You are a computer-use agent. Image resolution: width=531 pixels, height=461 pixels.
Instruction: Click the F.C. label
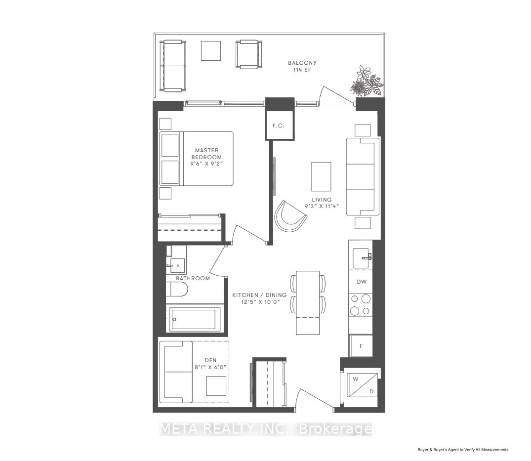pyautogui.click(x=279, y=126)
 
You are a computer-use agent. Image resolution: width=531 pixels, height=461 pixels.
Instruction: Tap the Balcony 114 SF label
pyautogui.click(x=302, y=66)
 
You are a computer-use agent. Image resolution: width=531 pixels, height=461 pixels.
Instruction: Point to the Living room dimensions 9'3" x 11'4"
pyautogui.click(x=322, y=206)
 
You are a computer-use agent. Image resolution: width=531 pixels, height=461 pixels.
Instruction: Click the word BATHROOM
pyautogui.click(x=193, y=279)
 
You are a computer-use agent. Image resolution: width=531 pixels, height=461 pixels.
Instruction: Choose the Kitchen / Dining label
pyautogui.click(x=259, y=295)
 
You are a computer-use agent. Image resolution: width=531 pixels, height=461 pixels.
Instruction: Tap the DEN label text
pyautogui.click(x=210, y=360)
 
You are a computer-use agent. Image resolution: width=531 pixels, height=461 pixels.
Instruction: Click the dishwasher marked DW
pyautogui.click(x=362, y=282)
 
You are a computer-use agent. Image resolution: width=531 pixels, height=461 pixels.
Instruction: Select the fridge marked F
pyautogui.click(x=362, y=346)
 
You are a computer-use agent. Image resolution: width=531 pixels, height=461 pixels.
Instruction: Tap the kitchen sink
pyautogui.click(x=362, y=258)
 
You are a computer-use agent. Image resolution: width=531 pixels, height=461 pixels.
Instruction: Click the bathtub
pyautogui.click(x=194, y=319)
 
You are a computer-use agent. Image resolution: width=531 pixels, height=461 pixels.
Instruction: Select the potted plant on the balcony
pyautogui.click(x=367, y=81)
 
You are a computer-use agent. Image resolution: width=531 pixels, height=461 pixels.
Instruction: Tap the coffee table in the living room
pyautogui.click(x=321, y=176)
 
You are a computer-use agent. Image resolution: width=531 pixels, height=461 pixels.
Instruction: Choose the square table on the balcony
pyautogui.click(x=210, y=51)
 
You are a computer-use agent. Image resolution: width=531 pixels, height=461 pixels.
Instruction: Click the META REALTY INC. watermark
pyautogui.click(x=266, y=429)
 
